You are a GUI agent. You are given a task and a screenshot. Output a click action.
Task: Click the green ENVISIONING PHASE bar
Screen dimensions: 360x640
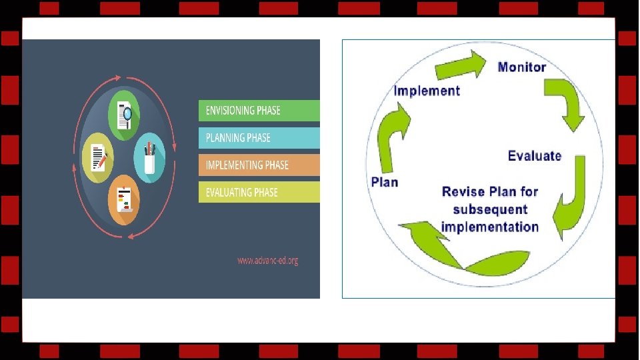tap(259, 111)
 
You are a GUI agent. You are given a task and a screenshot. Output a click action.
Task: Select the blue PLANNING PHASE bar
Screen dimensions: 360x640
tap(259, 138)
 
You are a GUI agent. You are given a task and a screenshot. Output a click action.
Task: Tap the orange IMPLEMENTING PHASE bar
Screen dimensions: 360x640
tap(259, 165)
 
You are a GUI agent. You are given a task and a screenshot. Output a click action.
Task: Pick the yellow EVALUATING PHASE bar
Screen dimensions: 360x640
tap(259, 193)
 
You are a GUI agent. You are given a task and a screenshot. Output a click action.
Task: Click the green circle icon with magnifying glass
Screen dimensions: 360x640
tap(124, 115)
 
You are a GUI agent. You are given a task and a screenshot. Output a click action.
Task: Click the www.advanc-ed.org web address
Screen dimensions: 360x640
tap(267, 261)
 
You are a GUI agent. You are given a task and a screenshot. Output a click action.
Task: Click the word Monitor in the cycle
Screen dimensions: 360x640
tap(522, 67)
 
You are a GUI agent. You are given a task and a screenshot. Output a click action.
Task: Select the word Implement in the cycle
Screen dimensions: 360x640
tap(427, 91)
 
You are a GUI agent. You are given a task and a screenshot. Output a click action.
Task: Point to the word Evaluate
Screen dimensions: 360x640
tap(535, 156)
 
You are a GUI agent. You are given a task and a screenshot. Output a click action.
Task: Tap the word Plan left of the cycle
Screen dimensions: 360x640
tap(385, 181)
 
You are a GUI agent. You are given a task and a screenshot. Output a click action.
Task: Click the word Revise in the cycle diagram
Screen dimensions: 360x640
tap(463, 192)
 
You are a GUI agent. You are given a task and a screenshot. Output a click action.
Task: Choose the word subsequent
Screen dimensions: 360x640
tap(490, 209)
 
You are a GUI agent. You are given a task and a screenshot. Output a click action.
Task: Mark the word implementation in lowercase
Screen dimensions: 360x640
tap(490, 227)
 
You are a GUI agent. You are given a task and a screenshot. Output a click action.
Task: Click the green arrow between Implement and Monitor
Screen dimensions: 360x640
tap(461, 67)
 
